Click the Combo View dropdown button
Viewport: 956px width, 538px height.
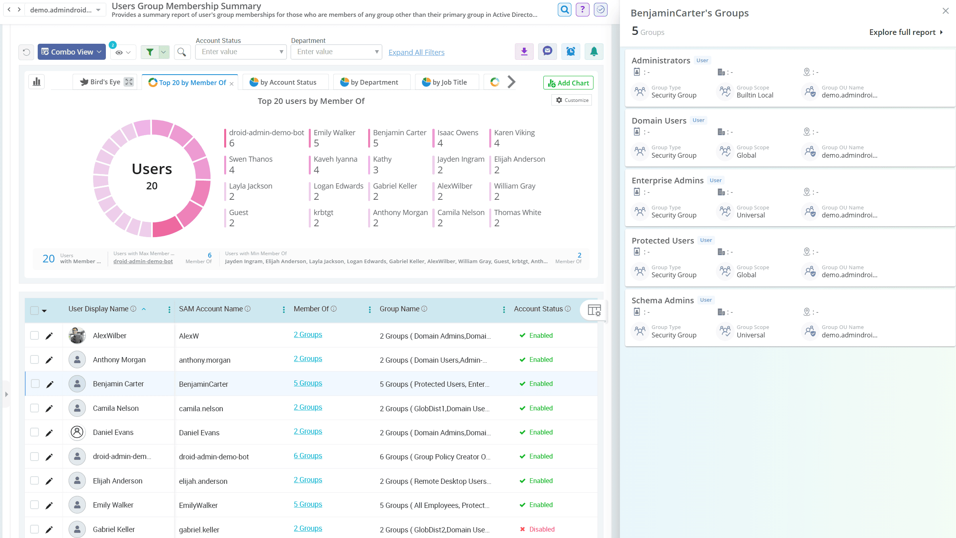pyautogui.click(x=71, y=52)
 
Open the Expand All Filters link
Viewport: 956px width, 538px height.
pyautogui.click(x=416, y=52)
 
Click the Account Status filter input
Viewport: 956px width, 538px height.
pyautogui.click(x=240, y=52)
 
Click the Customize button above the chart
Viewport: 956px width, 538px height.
pyautogui.click(x=572, y=100)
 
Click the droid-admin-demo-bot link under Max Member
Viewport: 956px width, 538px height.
pyautogui.click(x=143, y=261)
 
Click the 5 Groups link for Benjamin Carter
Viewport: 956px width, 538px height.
pyautogui.click(x=308, y=383)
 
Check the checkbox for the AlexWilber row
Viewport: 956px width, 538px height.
pyautogui.click(x=34, y=335)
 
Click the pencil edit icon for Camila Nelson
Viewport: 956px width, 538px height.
pyautogui.click(x=49, y=408)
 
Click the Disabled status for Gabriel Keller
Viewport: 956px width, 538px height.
pyautogui.click(x=541, y=529)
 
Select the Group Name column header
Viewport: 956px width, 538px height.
pyautogui.click(x=399, y=309)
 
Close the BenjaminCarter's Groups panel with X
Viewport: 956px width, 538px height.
pyautogui.click(x=945, y=11)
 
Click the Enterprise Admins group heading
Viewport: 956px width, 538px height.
pyautogui.click(x=667, y=181)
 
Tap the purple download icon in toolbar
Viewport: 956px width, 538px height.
pyautogui.click(x=524, y=51)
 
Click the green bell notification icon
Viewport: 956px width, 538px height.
pyautogui.click(x=593, y=51)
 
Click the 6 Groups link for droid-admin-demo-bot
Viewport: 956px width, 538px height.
pyautogui.click(x=308, y=456)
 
